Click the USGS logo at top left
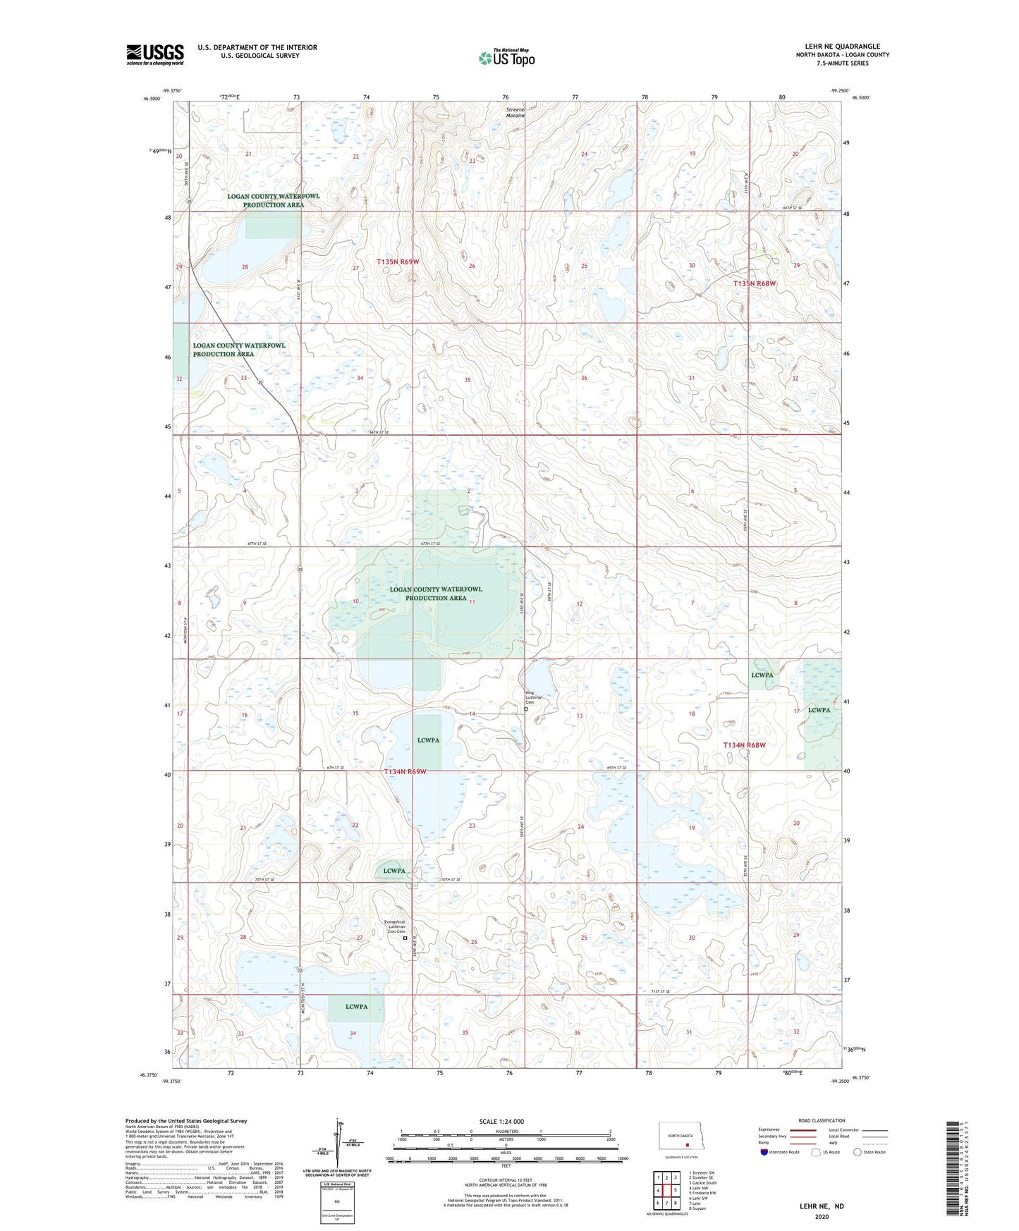[154, 54]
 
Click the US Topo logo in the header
[506, 58]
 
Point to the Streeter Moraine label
[515, 112]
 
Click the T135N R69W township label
[397, 262]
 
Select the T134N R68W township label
[744, 745]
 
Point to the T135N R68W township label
[755, 283]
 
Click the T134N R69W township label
[405, 772]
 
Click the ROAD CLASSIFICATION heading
[822, 1120]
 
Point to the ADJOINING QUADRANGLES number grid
[666, 1191]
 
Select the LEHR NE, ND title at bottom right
[822, 1206]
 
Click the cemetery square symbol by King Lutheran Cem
[526, 710]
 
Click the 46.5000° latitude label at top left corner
[152, 99]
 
